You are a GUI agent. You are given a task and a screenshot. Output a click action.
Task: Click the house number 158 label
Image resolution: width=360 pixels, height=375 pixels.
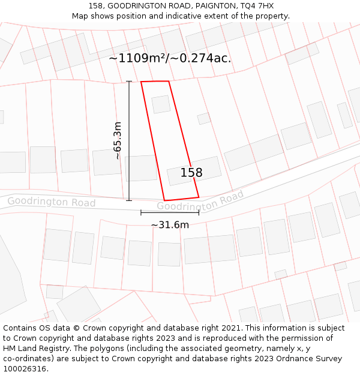[191, 173]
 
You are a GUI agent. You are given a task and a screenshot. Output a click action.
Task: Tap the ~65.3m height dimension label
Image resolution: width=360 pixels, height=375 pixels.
[118, 140]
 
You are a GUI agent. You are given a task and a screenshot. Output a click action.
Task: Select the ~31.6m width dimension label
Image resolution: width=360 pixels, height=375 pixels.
[170, 225]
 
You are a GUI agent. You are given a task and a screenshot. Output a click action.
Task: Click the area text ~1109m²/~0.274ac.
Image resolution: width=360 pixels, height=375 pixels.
[170, 58]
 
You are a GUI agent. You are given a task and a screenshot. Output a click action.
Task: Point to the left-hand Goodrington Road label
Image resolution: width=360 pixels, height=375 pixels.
[51, 202]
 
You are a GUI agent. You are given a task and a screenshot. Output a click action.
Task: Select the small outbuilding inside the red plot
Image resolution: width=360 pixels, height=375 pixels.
[161, 104]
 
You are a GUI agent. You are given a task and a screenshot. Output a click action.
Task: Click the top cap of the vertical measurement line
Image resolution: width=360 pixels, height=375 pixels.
[129, 81]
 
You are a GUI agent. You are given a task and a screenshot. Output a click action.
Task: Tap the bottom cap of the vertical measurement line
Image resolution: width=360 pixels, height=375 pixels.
[129, 200]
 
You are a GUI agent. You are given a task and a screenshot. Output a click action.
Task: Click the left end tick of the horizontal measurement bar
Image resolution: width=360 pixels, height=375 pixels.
[141, 212]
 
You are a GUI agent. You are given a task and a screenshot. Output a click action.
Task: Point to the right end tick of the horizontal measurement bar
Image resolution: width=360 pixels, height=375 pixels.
[199, 212]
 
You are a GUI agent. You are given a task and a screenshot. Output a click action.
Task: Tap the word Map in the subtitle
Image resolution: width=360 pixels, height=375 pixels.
[80, 16]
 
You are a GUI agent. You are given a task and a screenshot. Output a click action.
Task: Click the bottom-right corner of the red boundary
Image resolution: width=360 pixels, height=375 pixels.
[199, 197]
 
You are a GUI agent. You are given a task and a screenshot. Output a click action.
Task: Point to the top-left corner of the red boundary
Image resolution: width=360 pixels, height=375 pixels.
[142, 82]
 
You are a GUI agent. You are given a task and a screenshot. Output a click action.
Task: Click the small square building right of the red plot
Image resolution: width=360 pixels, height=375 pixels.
[204, 118]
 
